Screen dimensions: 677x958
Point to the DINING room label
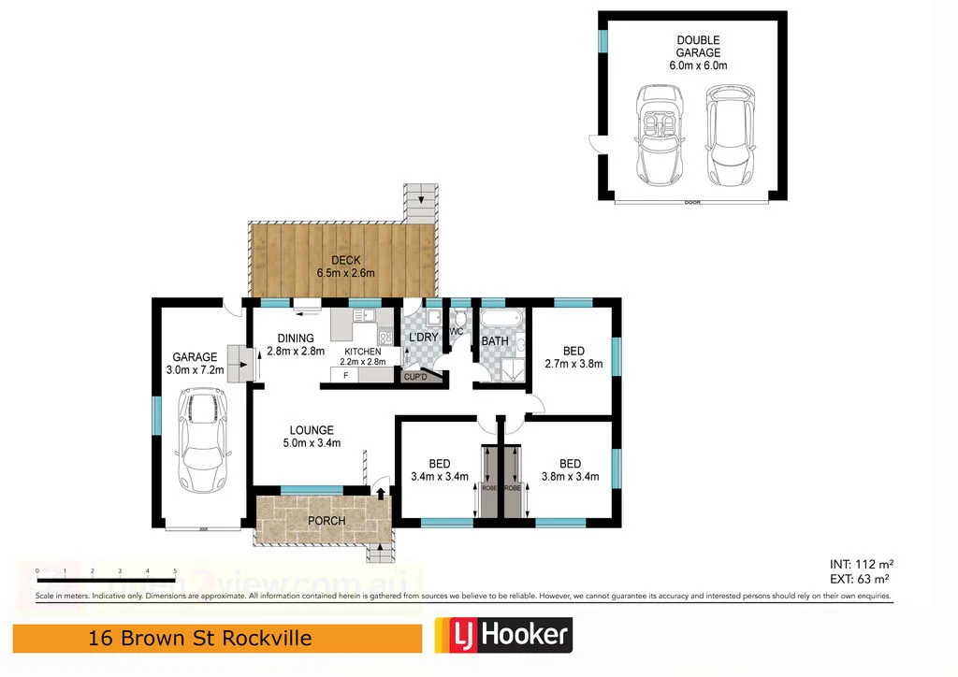click(295, 345)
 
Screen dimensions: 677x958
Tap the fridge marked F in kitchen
click(345, 376)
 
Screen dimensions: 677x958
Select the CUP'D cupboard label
click(414, 377)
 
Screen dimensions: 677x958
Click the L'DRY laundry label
click(424, 338)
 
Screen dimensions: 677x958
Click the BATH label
click(494, 341)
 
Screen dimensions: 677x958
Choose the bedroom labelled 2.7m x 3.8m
click(573, 357)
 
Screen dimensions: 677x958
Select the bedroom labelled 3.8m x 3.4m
click(570, 469)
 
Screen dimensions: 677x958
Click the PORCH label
click(327, 521)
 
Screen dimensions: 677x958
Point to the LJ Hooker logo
click(502, 636)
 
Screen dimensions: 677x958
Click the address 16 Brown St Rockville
click(199, 639)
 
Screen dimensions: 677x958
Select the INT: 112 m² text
click(862, 564)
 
